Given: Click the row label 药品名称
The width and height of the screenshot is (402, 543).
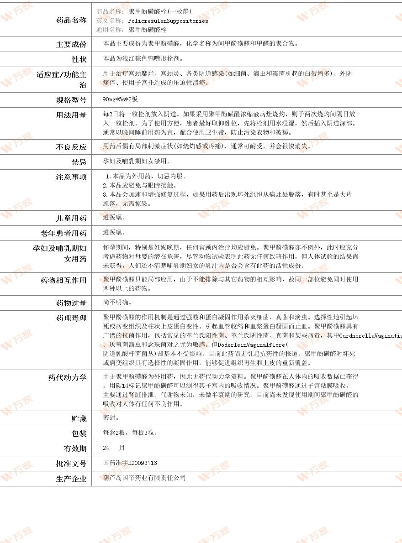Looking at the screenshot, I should (71, 20).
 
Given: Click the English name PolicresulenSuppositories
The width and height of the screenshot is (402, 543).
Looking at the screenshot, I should (168, 21).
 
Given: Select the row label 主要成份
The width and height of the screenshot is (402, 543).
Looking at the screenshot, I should (71, 44).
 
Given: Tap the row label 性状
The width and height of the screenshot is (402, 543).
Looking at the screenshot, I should (79, 59).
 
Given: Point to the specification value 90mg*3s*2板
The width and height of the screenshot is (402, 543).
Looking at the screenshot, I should (120, 99).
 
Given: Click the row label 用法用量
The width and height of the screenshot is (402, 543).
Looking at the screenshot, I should (71, 115).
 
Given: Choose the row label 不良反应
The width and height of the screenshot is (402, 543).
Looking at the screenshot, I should (71, 147).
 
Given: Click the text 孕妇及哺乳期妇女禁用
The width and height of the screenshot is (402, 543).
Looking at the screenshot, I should (136, 161).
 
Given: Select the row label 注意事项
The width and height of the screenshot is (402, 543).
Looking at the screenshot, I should (71, 177).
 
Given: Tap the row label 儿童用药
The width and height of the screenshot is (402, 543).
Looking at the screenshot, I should (71, 218).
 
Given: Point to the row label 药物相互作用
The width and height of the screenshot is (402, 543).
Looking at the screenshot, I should (63, 280).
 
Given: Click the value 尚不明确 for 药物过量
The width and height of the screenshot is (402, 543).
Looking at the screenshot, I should (116, 302).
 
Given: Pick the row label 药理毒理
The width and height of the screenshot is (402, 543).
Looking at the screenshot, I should (71, 318).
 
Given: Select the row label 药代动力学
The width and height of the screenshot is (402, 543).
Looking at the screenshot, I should (67, 377).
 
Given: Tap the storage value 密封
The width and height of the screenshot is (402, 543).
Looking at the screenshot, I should (111, 418).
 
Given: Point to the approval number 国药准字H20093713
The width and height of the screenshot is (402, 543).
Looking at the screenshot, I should (130, 463).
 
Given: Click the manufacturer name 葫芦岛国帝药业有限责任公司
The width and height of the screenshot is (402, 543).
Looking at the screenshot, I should (144, 478).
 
